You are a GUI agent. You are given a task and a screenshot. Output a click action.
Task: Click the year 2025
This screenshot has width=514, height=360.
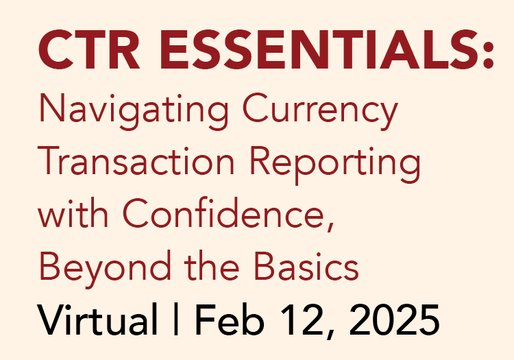click(x=387, y=320)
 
